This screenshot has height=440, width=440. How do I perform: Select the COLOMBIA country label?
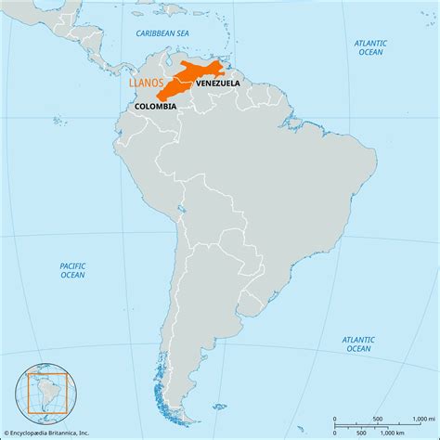point(156,107)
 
